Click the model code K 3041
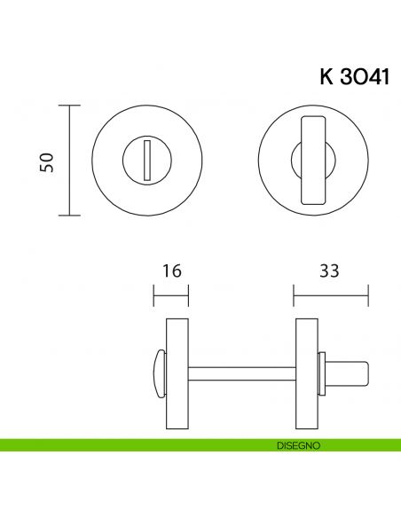click(353, 76)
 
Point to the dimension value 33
click(330, 271)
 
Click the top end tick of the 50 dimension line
click(70, 106)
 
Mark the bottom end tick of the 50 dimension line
click(70, 216)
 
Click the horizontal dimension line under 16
click(171, 297)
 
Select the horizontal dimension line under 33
click(331, 297)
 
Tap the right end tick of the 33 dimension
click(368, 297)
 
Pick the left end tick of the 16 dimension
click(154, 297)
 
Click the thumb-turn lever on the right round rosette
click(313, 161)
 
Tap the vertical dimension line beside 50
click(70, 161)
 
